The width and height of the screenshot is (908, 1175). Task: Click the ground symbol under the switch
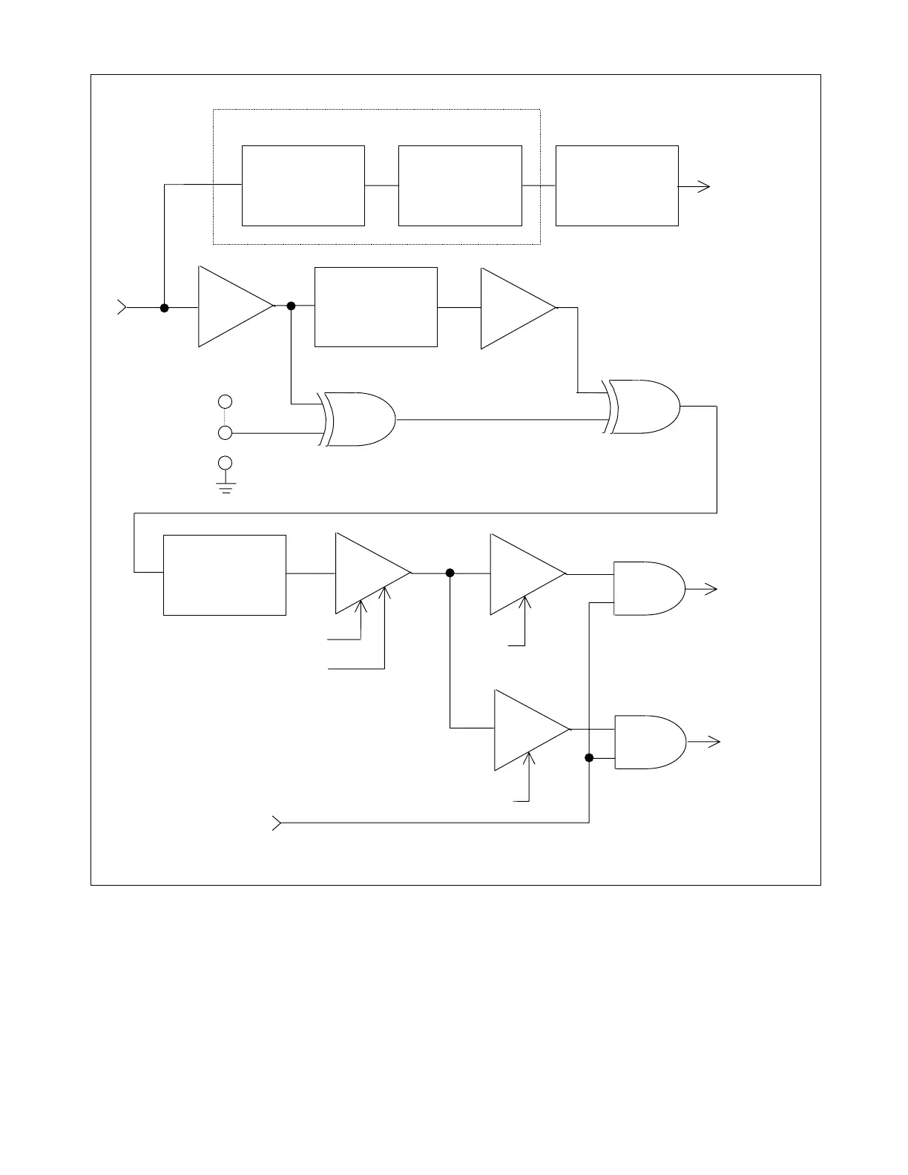[226, 487]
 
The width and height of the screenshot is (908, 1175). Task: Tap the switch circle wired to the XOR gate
[225, 432]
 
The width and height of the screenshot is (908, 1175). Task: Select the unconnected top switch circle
[225, 401]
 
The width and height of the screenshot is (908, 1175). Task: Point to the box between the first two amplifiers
[375, 307]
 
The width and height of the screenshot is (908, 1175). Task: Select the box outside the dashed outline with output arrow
[616, 185]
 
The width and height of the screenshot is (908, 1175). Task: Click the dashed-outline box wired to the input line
[303, 185]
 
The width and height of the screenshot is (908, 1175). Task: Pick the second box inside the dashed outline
[460, 185]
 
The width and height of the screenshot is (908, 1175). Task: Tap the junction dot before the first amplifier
[165, 307]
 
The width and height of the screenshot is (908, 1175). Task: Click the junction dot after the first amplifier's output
[291, 306]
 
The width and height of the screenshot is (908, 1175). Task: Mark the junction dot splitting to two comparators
[450, 573]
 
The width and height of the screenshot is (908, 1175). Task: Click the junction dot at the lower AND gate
[589, 758]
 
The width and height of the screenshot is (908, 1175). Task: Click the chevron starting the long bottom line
[277, 823]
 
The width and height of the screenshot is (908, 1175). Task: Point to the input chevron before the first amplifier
[122, 307]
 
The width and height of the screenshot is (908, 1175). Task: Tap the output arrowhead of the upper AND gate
[711, 589]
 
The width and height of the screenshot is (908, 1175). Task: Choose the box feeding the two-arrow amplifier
[224, 575]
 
